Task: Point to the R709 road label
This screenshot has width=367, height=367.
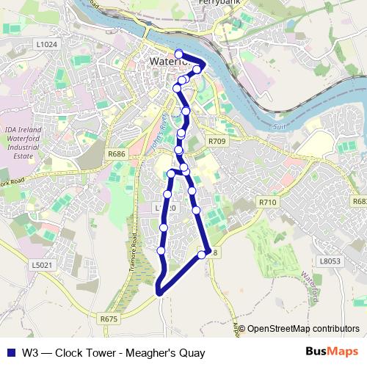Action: point(217,140)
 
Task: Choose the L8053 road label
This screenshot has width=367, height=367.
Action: point(331,260)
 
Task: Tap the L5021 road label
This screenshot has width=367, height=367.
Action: point(41,264)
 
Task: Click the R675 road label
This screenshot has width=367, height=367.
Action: point(109,319)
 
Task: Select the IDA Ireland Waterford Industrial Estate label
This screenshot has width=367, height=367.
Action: point(25,139)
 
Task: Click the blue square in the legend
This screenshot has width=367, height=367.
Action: point(10,352)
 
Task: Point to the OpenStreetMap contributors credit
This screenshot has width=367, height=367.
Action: point(303,330)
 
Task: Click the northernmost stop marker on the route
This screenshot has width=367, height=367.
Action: point(178,53)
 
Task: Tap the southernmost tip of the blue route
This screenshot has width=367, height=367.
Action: point(159,295)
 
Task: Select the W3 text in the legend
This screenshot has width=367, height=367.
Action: point(29,352)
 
